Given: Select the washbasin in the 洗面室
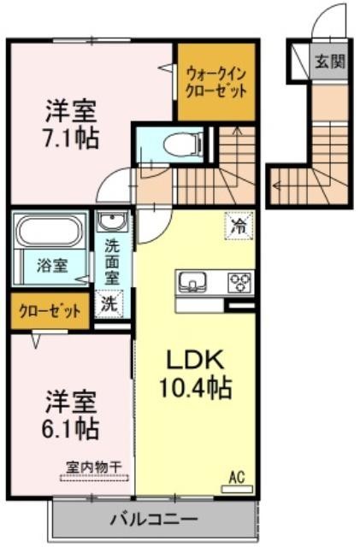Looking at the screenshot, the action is coord(112,222).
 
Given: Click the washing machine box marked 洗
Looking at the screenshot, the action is coord(109,304).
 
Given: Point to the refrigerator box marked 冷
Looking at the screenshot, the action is coord(239,226).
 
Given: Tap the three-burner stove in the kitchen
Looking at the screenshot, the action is coord(240,282).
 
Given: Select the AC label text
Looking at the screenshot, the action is coord(236,477).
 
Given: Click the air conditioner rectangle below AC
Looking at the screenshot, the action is coord(237,489).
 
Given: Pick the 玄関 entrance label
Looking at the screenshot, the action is coord(330,62).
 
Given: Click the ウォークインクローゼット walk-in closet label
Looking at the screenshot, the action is coord(216,82).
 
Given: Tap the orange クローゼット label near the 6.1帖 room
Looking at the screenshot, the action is coord(50,311).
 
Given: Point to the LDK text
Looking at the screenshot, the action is coord(195,361).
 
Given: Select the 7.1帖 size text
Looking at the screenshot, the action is coord(70,138).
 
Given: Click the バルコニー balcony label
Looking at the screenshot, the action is coord(154,520).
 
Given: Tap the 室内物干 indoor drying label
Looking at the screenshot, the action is coord(94,467).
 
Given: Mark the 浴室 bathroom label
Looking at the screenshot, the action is coord(52,266).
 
